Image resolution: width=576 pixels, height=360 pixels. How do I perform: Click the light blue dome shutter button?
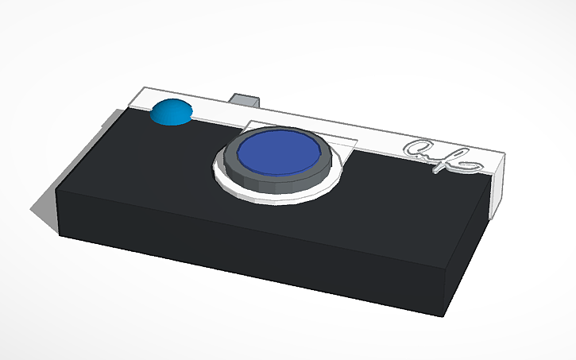170,113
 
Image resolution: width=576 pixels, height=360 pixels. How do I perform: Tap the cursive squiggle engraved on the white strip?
442,156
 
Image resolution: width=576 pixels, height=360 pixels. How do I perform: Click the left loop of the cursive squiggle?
416,149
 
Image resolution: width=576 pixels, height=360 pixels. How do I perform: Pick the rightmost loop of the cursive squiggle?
469,164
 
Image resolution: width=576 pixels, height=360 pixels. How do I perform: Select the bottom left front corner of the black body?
60,235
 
